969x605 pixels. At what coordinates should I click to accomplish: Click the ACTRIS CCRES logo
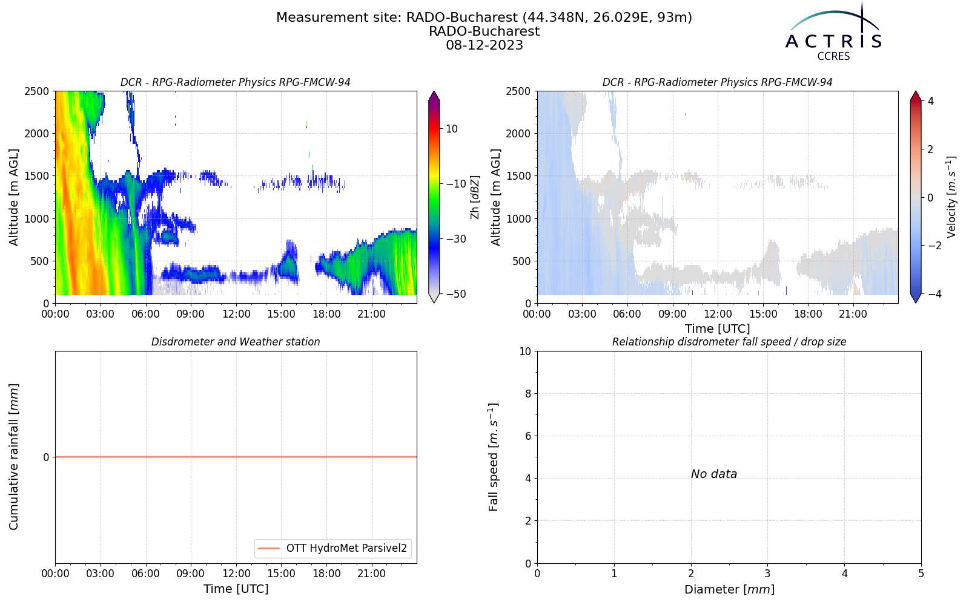click(x=833, y=33)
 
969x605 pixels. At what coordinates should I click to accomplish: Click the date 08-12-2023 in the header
click(x=484, y=45)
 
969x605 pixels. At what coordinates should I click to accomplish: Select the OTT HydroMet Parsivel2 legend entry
click(x=332, y=548)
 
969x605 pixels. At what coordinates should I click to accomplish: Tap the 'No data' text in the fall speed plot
click(x=714, y=474)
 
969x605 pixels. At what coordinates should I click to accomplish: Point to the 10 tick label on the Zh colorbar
click(x=452, y=129)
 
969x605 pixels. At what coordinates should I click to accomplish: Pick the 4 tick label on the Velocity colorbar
click(x=930, y=101)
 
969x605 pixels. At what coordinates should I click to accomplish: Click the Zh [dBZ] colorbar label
click(x=475, y=197)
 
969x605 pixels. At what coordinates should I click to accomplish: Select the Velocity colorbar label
click(x=951, y=197)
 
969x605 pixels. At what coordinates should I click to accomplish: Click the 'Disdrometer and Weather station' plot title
click(x=236, y=342)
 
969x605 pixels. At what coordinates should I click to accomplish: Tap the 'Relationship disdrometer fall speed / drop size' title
click(x=729, y=342)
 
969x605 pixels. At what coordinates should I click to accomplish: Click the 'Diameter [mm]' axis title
click(x=729, y=589)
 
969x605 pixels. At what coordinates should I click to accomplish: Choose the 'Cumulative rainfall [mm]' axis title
click(x=13, y=457)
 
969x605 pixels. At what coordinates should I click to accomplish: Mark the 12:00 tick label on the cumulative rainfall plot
click(x=236, y=574)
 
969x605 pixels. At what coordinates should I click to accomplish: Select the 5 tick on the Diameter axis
click(x=921, y=574)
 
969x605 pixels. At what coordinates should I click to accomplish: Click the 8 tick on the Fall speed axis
click(x=527, y=394)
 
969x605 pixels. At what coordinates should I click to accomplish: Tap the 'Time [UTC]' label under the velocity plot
click(x=718, y=329)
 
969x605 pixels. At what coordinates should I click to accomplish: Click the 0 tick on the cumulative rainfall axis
click(x=46, y=457)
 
